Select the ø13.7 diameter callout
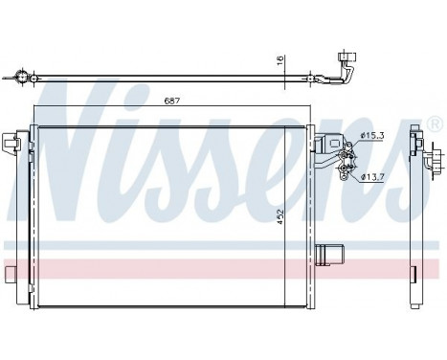(374, 177)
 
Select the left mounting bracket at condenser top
(12, 144)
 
